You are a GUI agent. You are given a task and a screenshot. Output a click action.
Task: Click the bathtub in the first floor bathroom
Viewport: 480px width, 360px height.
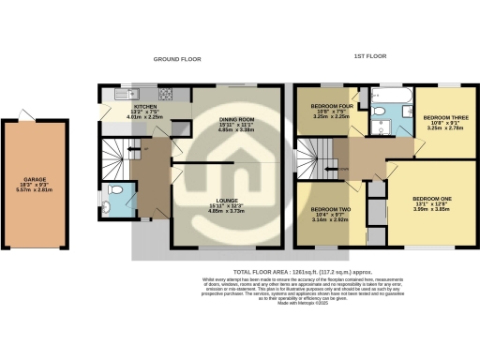[x=387, y=95]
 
